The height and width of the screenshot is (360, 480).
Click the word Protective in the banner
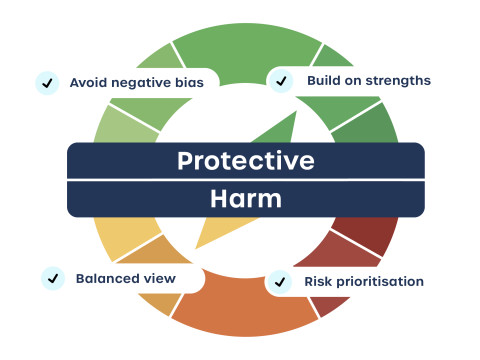pos(245,161)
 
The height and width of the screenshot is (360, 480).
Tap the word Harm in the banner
pos(245,198)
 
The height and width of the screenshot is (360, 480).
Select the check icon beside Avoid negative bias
pos(46,83)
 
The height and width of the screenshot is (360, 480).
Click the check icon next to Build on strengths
pos(282,80)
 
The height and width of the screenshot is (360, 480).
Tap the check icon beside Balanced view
pos(52,278)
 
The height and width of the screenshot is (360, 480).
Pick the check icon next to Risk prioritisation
pos(280,282)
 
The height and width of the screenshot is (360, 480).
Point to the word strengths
pos(398,80)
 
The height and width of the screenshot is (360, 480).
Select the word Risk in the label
pos(317,282)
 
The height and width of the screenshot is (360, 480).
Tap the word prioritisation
pos(380,282)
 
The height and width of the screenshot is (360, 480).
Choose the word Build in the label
pos(323,80)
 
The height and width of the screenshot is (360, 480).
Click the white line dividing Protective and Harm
pos(245,179)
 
